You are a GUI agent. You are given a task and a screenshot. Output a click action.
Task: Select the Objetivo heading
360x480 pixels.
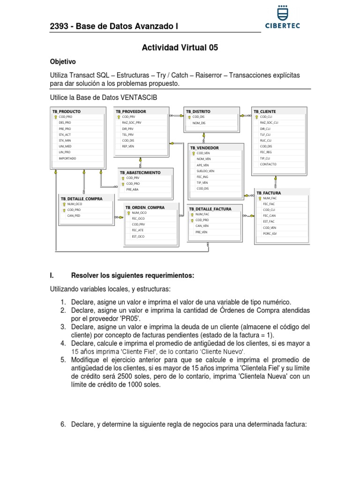(x=63, y=62)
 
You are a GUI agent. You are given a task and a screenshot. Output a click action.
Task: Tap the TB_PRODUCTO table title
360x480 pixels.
(x=67, y=111)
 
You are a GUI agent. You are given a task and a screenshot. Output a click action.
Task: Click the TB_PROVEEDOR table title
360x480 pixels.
(x=131, y=111)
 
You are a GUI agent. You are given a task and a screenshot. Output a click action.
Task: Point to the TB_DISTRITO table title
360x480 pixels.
(x=198, y=111)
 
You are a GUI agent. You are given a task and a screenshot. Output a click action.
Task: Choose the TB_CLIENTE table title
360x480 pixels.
(x=265, y=111)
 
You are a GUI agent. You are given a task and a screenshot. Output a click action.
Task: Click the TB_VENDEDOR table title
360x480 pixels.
(x=204, y=148)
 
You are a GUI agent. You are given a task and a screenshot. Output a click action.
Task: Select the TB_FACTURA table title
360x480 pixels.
(x=269, y=193)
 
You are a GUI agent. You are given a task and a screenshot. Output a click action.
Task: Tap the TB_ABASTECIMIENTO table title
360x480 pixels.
(x=140, y=172)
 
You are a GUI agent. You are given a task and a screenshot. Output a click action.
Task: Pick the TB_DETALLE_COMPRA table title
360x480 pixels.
(x=82, y=198)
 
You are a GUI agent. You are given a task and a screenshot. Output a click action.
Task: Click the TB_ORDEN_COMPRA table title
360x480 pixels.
(x=145, y=207)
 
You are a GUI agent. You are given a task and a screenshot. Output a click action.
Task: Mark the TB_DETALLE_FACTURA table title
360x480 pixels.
(x=210, y=209)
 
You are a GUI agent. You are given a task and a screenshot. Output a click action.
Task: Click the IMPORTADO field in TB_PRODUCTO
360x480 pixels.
(x=67, y=158)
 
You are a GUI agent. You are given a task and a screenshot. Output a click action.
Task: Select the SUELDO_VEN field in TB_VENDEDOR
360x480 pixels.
(x=205, y=171)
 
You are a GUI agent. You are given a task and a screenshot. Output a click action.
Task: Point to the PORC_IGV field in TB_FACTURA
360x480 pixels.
(x=270, y=233)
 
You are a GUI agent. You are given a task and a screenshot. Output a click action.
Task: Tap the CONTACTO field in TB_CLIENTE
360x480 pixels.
(x=268, y=165)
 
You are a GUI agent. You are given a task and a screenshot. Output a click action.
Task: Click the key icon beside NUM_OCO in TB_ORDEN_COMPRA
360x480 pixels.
(x=128, y=213)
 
